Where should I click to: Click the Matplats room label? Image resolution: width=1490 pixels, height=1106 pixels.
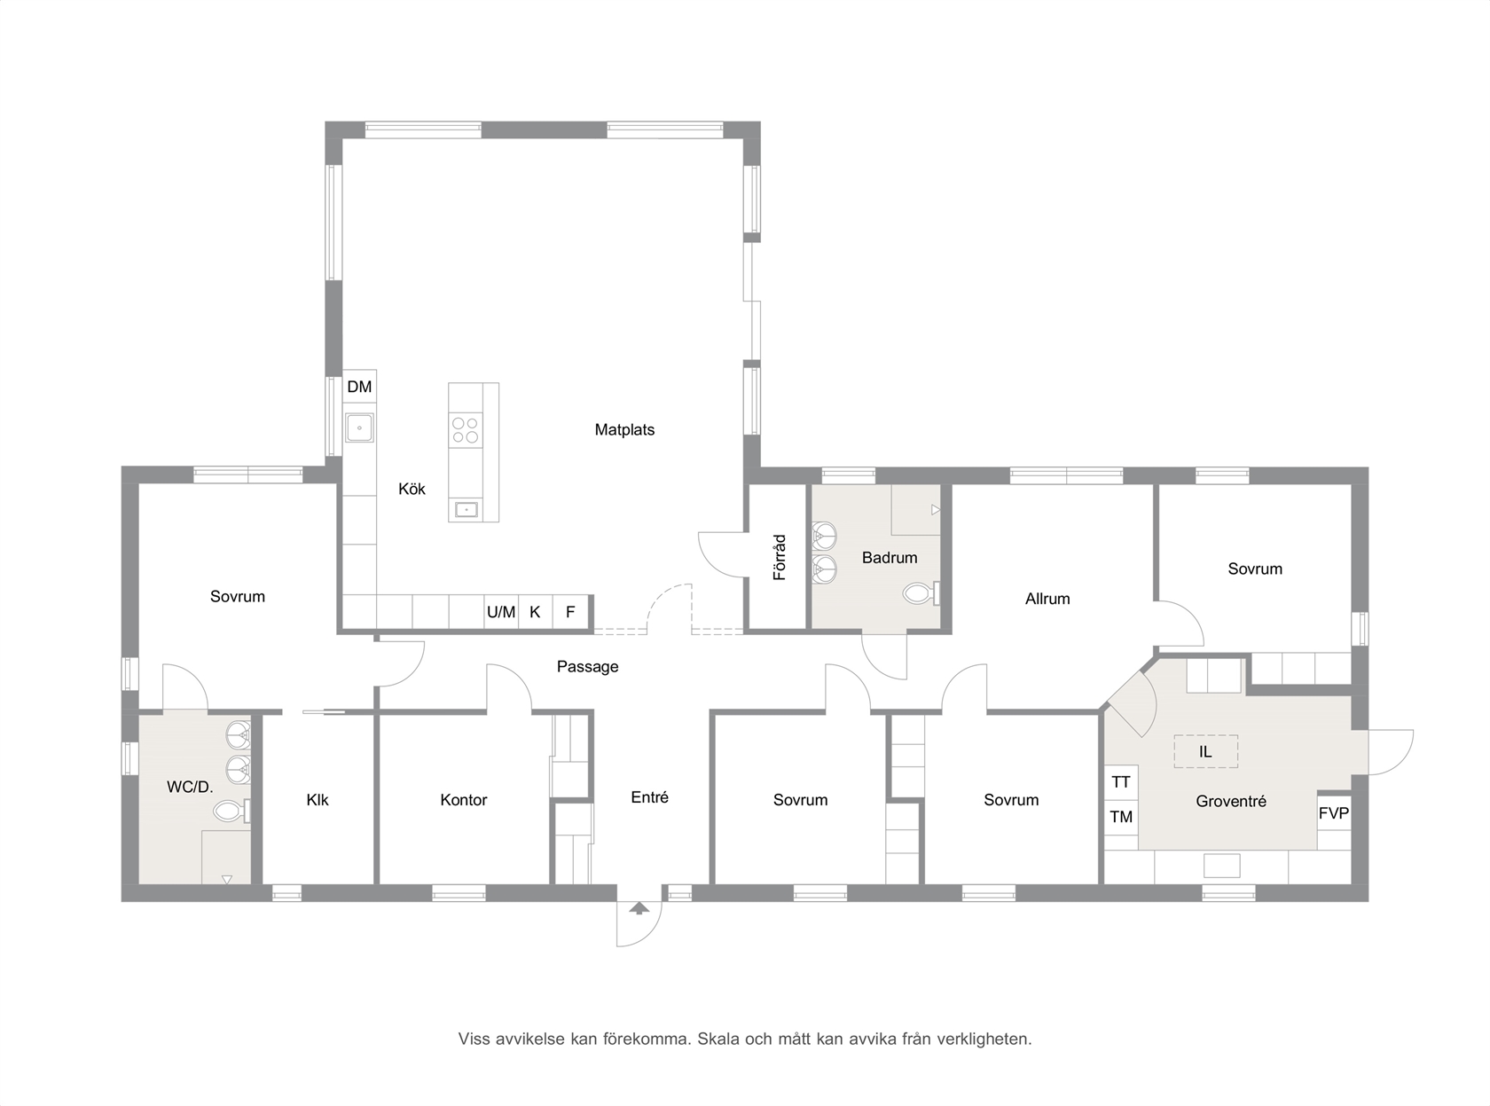coord(624,429)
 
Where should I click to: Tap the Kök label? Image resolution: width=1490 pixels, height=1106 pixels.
coord(412,489)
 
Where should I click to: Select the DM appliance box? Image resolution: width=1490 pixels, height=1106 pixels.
coord(359,387)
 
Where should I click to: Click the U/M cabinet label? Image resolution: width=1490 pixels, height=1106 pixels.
coord(501,612)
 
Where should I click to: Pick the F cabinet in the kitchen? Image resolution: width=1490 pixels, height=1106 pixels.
coord(570,612)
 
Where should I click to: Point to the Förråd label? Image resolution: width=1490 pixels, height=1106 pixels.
coord(780,557)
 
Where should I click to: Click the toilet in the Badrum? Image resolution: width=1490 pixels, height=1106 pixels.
coord(921,593)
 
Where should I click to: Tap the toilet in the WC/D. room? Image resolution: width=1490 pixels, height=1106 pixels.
coord(231,812)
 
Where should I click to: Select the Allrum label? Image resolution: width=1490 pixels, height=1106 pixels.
coord(1047,599)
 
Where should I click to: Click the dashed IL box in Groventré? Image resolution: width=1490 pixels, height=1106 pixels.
coord(1206,751)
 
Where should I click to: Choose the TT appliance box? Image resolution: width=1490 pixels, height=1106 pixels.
coord(1121,782)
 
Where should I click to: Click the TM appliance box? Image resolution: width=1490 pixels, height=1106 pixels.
coord(1121,817)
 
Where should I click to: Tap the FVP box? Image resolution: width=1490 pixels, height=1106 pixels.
coord(1334,813)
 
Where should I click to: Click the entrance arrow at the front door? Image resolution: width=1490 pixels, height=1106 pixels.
coord(639,908)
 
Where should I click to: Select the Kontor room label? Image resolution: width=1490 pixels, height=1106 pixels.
coord(464,800)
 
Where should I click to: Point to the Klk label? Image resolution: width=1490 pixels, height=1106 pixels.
coord(318,800)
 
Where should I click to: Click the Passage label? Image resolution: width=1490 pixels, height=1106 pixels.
coord(588,667)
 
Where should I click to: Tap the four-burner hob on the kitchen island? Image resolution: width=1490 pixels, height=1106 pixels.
coord(465,430)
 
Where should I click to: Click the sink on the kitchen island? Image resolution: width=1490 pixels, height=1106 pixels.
coord(467,509)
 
